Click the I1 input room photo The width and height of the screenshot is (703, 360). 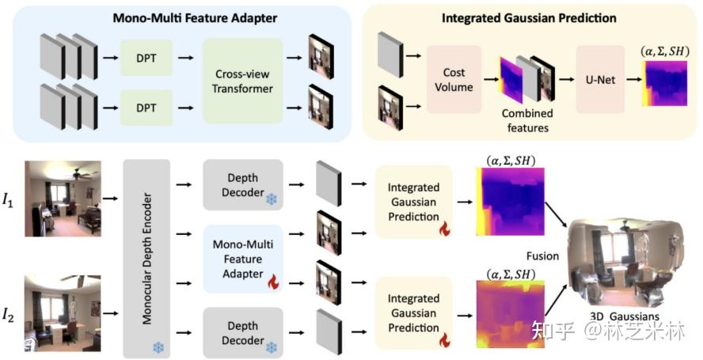(63, 198)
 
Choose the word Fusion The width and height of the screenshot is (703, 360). (543, 256)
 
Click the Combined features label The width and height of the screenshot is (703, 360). (527, 121)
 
